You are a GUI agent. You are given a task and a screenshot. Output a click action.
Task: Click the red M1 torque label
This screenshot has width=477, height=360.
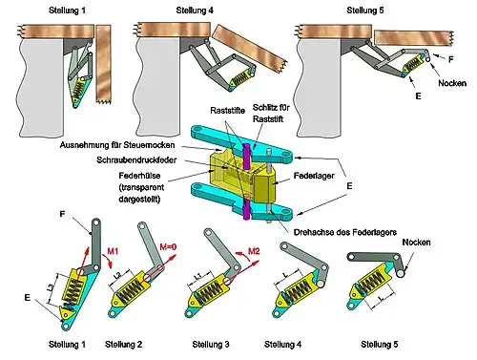point(113,251)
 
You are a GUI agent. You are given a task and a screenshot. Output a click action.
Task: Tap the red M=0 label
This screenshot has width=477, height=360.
point(168,246)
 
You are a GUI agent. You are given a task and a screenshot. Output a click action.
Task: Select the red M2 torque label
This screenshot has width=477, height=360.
point(254,251)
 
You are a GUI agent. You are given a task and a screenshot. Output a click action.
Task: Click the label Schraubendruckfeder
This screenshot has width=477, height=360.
point(136,159)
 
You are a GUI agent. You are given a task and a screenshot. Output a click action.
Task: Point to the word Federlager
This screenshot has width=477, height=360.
point(314,176)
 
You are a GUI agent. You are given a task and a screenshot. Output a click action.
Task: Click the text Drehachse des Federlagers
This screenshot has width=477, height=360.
point(345,232)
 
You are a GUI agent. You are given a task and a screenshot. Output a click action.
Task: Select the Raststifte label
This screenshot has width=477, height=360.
point(227,111)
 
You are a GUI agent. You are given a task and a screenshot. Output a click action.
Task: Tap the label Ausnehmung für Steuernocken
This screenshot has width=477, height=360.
point(117,145)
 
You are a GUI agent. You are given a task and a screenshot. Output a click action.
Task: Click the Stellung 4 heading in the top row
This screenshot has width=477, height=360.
point(195,11)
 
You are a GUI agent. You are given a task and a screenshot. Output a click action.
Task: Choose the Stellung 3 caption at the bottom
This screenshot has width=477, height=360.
point(211,345)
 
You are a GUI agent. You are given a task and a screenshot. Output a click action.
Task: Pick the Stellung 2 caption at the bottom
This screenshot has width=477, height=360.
point(123,345)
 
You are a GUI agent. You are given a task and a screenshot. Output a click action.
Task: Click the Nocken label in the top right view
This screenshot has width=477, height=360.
point(452,83)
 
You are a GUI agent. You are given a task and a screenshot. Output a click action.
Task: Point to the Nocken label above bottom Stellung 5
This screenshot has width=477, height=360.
point(416,242)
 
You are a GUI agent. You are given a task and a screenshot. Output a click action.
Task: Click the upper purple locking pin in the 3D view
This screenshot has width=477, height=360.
point(246,156)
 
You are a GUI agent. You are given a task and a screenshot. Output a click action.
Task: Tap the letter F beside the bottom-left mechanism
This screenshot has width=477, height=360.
point(62,214)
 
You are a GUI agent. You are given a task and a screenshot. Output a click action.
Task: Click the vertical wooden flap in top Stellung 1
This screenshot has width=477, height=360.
point(104,64)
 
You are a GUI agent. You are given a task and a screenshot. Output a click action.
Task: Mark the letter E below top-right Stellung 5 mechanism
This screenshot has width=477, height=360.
point(418,95)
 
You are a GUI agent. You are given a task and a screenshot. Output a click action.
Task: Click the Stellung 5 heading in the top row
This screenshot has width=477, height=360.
point(365,11)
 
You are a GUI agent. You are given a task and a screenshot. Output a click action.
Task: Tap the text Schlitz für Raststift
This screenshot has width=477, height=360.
point(271,113)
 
